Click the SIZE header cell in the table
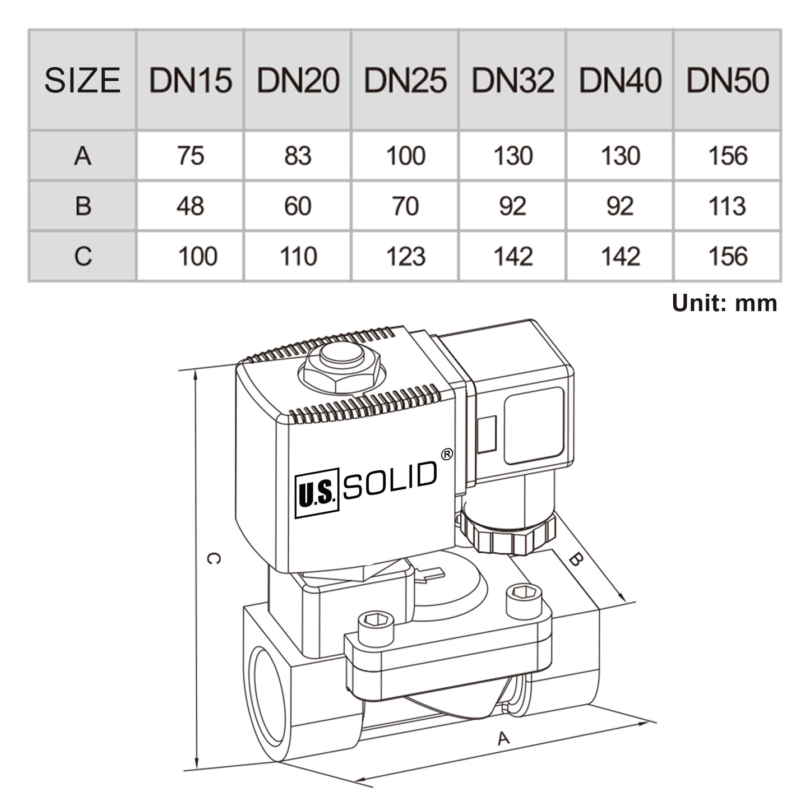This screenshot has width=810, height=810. (82, 80)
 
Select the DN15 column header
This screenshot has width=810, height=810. (190, 80)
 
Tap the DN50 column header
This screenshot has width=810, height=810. (727, 80)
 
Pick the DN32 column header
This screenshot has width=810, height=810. (512, 80)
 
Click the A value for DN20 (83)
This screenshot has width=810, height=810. (298, 156)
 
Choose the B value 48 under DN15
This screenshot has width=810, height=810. (190, 206)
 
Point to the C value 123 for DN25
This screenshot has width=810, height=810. (405, 257)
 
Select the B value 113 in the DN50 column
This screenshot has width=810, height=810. (727, 206)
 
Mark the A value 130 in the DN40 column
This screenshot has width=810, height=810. (620, 156)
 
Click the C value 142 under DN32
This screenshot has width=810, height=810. (512, 257)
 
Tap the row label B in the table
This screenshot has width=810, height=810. (82, 206)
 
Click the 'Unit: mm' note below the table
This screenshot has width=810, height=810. (724, 303)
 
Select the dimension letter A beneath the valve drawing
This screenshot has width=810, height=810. (503, 738)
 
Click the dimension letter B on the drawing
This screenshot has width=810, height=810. (576, 559)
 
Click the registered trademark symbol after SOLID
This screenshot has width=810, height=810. (447, 455)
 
